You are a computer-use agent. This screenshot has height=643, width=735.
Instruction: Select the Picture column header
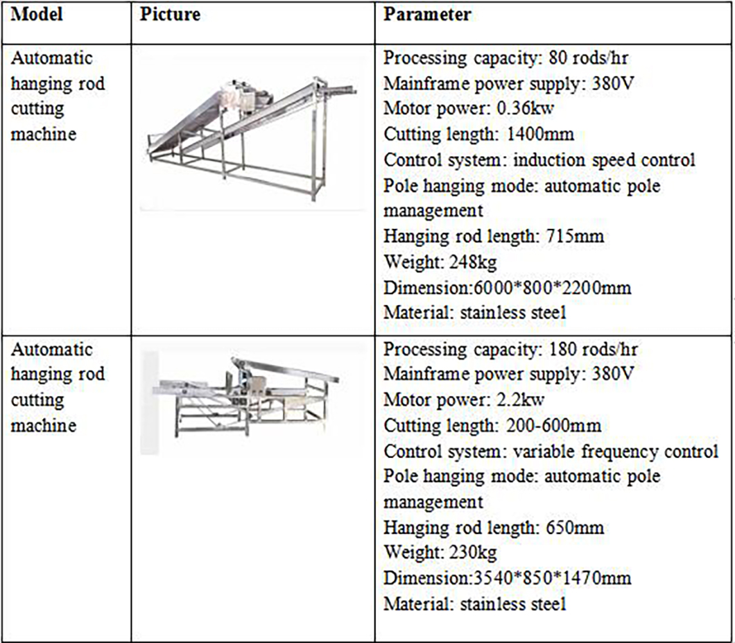[170, 15]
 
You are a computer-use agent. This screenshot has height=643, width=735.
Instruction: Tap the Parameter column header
[428, 15]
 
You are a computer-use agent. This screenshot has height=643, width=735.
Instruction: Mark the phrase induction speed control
[604, 160]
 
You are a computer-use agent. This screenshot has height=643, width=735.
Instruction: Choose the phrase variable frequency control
[616, 451]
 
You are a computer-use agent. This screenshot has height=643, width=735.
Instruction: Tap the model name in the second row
[57, 386]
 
